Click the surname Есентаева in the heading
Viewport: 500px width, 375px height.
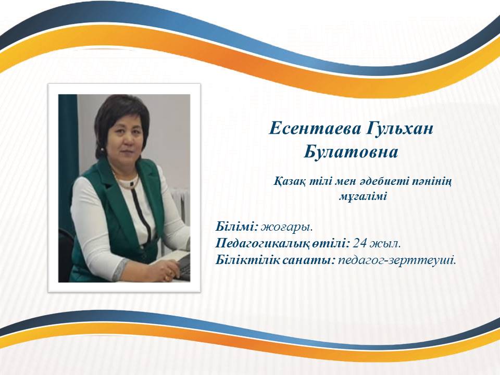point(315,129)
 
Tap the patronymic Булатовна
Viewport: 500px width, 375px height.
point(351,152)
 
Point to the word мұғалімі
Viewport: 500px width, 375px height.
point(362,196)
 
